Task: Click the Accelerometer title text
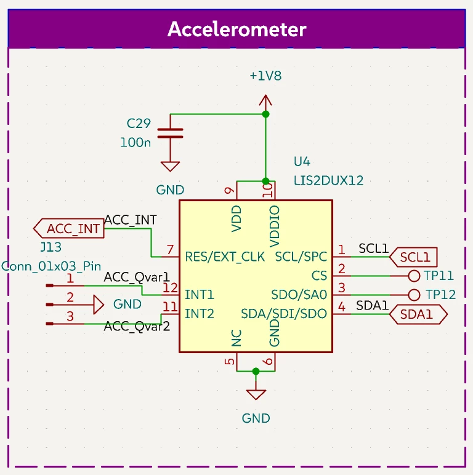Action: tap(236, 30)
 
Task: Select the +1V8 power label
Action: tap(265, 76)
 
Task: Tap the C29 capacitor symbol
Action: tap(170, 134)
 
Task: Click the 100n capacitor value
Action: tap(135, 142)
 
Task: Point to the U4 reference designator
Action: tap(302, 161)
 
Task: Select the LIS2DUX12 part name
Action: tap(328, 180)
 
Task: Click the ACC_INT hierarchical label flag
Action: tap(69, 228)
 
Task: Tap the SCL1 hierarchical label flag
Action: tap(413, 257)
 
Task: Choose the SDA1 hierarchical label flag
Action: tap(418, 314)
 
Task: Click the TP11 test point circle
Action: tap(414, 276)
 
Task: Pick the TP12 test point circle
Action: tap(414, 295)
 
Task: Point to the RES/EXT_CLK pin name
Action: tap(225, 257)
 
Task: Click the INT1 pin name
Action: tap(199, 295)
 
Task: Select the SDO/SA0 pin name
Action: tap(299, 295)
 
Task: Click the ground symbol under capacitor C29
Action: tap(170, 166)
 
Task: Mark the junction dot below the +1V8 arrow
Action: tap(265, 114)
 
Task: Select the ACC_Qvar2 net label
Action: tap(137, 327)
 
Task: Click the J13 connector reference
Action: tap(51, 247)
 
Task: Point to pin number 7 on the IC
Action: tap(170, 250)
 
